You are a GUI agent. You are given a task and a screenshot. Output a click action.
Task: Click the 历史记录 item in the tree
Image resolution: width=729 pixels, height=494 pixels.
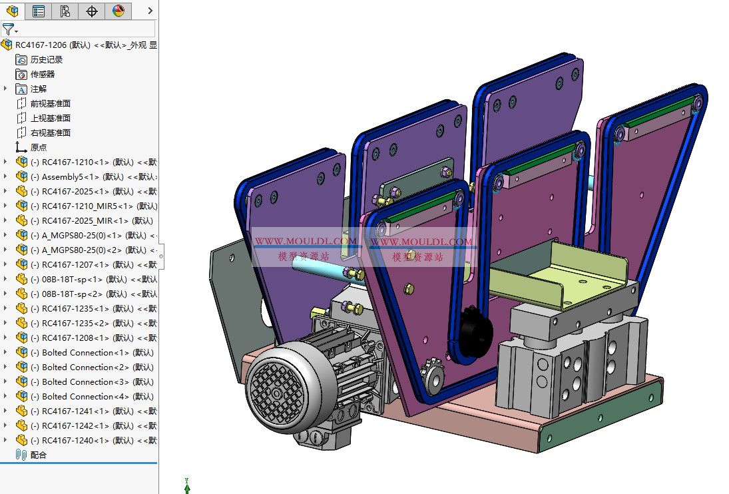point(46,60)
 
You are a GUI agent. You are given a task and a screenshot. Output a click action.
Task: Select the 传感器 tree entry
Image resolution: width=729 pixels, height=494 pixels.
point(42,75)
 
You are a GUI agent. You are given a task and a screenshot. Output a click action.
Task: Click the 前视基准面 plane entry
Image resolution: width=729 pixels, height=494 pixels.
point(50,104)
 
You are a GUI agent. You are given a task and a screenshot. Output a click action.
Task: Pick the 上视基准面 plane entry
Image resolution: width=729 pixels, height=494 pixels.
point(50,119)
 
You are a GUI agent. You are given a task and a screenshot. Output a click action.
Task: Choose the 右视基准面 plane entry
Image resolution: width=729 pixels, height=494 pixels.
point(50,133)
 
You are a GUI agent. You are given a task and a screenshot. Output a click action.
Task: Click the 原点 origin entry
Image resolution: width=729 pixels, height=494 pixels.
point(39,148)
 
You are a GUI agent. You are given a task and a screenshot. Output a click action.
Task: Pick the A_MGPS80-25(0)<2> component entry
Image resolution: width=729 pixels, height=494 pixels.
point(93,250)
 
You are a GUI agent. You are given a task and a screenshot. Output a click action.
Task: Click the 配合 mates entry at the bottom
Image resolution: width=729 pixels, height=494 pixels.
point(39,455)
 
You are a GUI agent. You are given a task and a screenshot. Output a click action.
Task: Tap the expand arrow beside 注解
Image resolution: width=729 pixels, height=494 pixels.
point(6,89)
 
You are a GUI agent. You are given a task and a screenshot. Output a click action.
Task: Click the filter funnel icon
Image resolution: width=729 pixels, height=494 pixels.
point(8,29)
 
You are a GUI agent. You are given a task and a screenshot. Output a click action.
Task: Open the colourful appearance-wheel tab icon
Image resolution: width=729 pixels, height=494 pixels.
point(118,11)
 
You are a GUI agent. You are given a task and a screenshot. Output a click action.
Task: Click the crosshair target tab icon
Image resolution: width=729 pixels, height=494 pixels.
point(92,11)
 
